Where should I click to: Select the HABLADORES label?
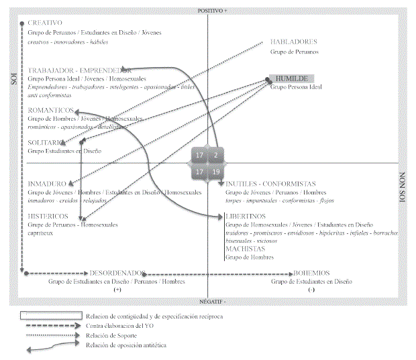click(294, 42)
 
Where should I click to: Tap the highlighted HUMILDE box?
click(291, 78)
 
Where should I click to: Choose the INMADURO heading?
click(47, 184)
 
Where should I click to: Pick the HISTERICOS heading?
click(48, 216)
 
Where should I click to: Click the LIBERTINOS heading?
click(246, 216)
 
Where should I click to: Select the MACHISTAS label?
click(245, 249)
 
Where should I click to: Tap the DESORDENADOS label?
click(117, 274)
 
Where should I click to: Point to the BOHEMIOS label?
click(311, 274)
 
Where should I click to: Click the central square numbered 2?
click(215, 156)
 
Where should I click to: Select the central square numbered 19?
click(215, 172)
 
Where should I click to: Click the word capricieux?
click(42, 233)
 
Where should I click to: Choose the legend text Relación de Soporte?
click(107, 335)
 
